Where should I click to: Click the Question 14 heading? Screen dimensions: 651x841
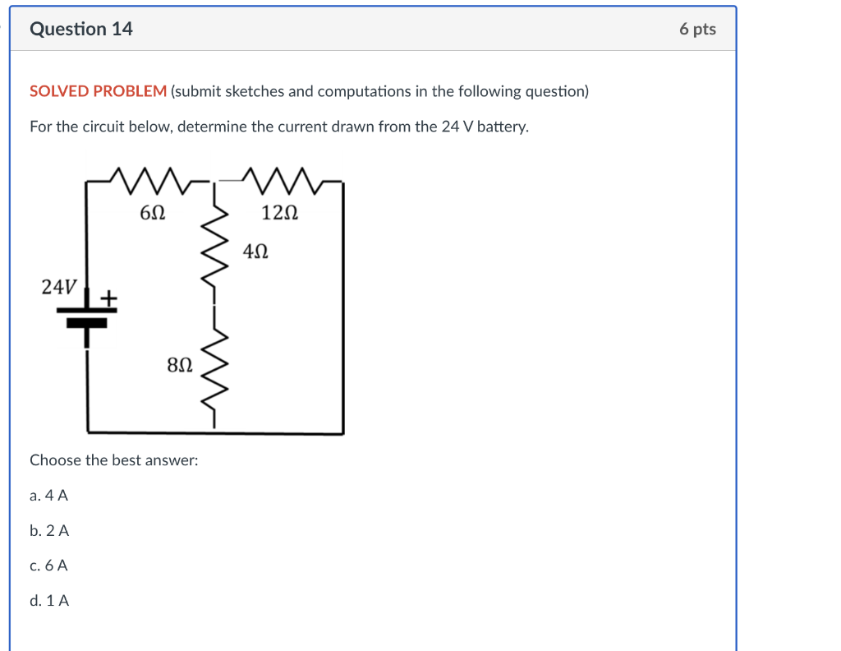point(80,30)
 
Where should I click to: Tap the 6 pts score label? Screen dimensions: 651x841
point(697,30)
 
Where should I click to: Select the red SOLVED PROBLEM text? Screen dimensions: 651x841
point(98,91)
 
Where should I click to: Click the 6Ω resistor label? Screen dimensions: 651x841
point(153,213)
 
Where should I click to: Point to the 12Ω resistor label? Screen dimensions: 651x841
point(279,213)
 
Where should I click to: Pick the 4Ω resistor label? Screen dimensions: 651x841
point(255,250)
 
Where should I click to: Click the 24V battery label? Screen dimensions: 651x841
point(59,287)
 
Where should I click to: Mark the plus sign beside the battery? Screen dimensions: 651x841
point(108,295)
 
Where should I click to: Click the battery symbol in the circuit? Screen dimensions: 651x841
point(87,316)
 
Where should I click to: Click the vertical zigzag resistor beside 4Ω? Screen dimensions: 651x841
point(215,246)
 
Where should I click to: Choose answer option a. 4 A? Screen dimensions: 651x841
point(48,496)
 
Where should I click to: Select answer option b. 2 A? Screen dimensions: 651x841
point(49,531)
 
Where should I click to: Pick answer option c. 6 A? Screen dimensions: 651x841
point(48,566)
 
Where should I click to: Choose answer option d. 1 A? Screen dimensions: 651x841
point(49,601)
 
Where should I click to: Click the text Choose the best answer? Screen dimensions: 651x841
point(113,460)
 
